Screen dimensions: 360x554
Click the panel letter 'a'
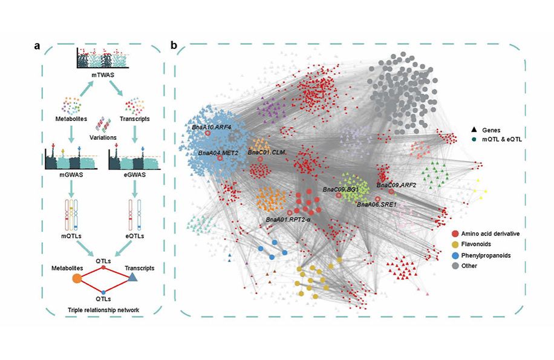[46, 46]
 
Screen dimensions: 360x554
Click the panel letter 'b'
[174, 46]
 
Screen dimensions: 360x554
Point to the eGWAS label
[134, 178]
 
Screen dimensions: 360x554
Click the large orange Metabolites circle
[77, 278]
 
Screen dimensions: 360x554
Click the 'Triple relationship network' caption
[105, 310]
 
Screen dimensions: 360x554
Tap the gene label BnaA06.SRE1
[376, 205]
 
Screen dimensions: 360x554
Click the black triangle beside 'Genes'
[474, 131]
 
